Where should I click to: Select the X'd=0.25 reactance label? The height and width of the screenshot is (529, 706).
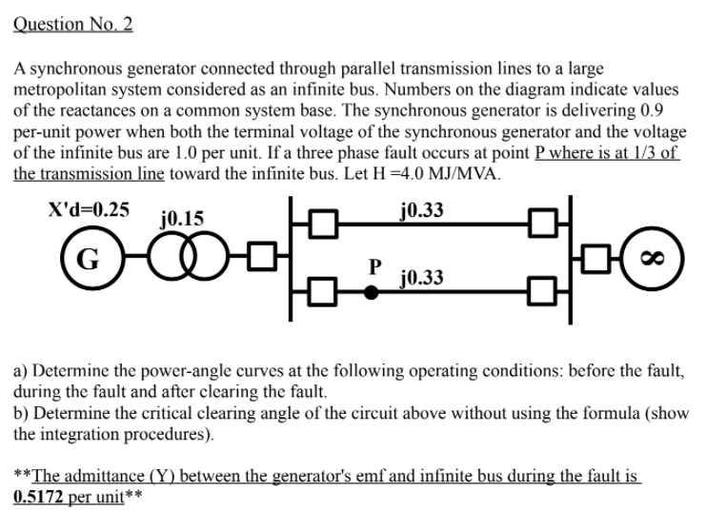tap(90, 209)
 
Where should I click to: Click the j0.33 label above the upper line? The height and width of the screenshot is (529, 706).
tap(422, 209)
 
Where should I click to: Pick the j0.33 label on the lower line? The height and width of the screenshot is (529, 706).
tap(422, 278)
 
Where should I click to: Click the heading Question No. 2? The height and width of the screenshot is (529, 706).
tap(73, 25)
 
